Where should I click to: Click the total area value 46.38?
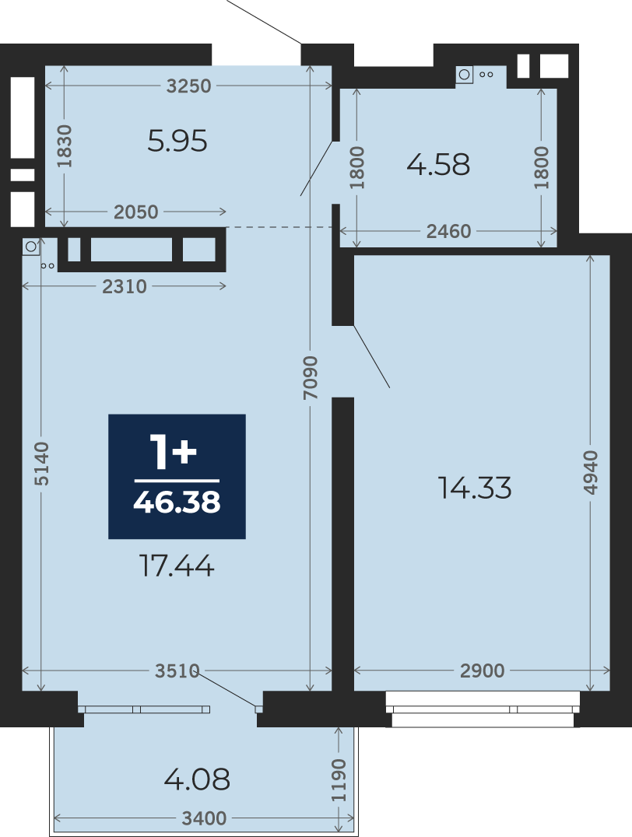point(177,502)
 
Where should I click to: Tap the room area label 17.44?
point(177,566)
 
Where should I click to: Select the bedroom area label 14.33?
point(475,488)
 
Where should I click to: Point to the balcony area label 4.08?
point(197,779)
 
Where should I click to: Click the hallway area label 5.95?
point(177,142)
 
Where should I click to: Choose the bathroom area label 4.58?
point(438,164)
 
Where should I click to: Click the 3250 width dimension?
point(188,86)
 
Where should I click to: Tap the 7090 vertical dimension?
point(311,378)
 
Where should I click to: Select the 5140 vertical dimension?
point(41,464)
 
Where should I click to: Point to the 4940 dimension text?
point(590,472)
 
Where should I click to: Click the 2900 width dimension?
point(482,671)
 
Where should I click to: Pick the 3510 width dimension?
point(177,671)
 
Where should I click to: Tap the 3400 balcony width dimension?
point(204,818)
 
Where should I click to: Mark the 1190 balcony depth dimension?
point(339,780)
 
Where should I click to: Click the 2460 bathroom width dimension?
point(449,231)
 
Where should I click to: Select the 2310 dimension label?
point(124,287)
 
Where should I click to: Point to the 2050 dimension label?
point(135,212)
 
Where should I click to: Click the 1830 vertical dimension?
point(65,145)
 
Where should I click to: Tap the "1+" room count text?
point(174,452)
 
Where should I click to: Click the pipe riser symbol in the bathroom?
point(464,75)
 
